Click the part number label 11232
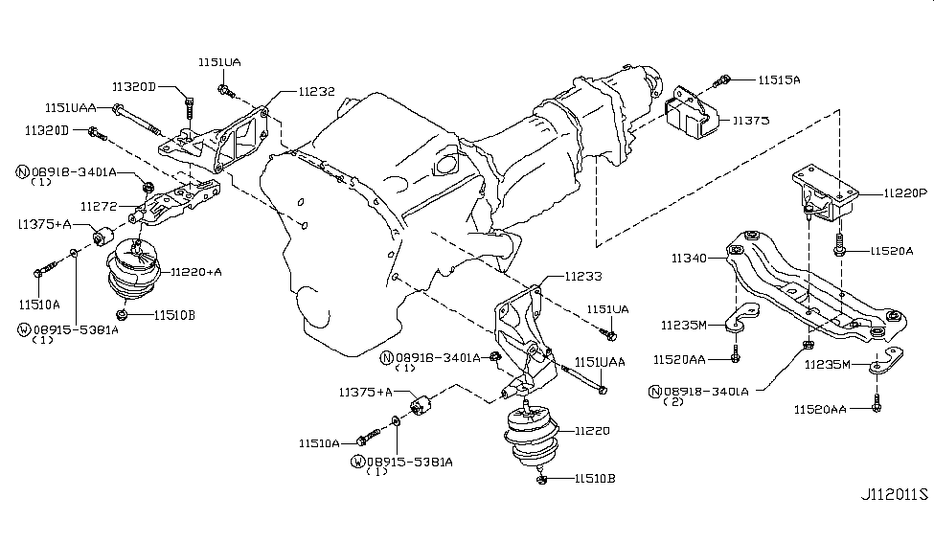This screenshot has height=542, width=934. click(316, 93)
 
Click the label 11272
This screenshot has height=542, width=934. click(99, 205)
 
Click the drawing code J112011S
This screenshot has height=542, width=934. click(895, 495)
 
